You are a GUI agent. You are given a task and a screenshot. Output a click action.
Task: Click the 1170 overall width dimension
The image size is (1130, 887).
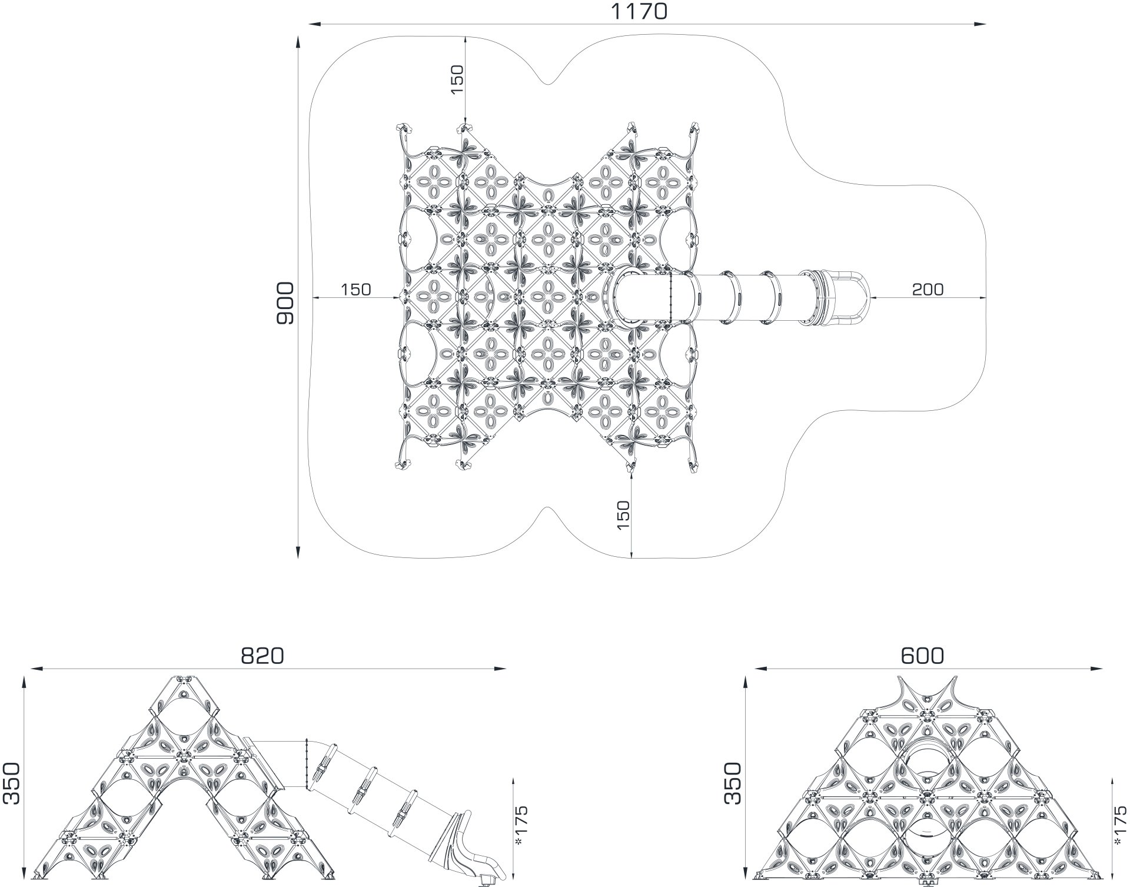tap(639, 11)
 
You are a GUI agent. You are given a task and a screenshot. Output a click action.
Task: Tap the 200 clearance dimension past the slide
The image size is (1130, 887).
tap(928, 289)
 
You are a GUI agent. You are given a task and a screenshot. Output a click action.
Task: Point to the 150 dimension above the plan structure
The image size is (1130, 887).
tap(457, 79)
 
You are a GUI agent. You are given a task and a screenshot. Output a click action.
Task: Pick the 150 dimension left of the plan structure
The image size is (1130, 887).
tap(356, 289)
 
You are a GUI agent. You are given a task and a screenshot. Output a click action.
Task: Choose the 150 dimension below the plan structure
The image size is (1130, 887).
tap(623, 515)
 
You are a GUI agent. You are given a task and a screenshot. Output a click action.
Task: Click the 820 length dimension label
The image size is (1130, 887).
tap(262, 656)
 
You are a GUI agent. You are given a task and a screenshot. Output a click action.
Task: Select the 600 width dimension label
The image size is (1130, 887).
tap(923, 655)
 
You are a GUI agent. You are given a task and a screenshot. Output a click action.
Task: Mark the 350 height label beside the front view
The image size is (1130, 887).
tap(733, 783)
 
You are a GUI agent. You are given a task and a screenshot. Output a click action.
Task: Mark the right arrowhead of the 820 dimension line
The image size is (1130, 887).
tap(500, 669)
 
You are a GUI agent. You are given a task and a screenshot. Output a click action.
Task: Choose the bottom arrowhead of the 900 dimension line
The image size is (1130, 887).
tap(298, 552)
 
